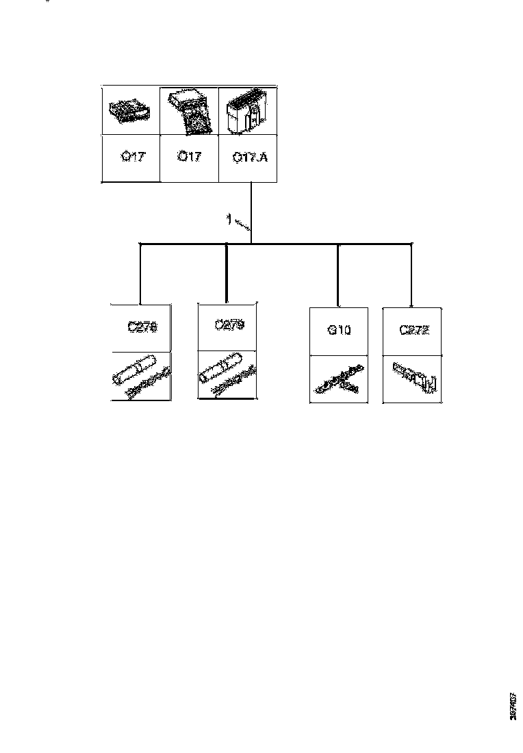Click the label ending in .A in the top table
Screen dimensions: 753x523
pyautogui.click(x=251, y=157)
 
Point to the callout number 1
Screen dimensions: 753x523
pyautogui.click(x=229, y=220)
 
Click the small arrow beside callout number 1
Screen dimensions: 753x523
pyautogui.click(x=242, y=225)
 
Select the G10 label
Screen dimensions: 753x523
pyautogui.click(x=339, y=331)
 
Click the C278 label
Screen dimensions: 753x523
pyautogui.click(x=142, y=327)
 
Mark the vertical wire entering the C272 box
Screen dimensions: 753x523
pyautogui.click(x=411, y=274)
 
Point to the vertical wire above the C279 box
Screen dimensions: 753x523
pyautogui.click(x=227, y=274)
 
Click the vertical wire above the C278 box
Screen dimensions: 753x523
pyautogui.click(x=140, y=274)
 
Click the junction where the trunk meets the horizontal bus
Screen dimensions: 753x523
pyautogui.click(x=252, y=243)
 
